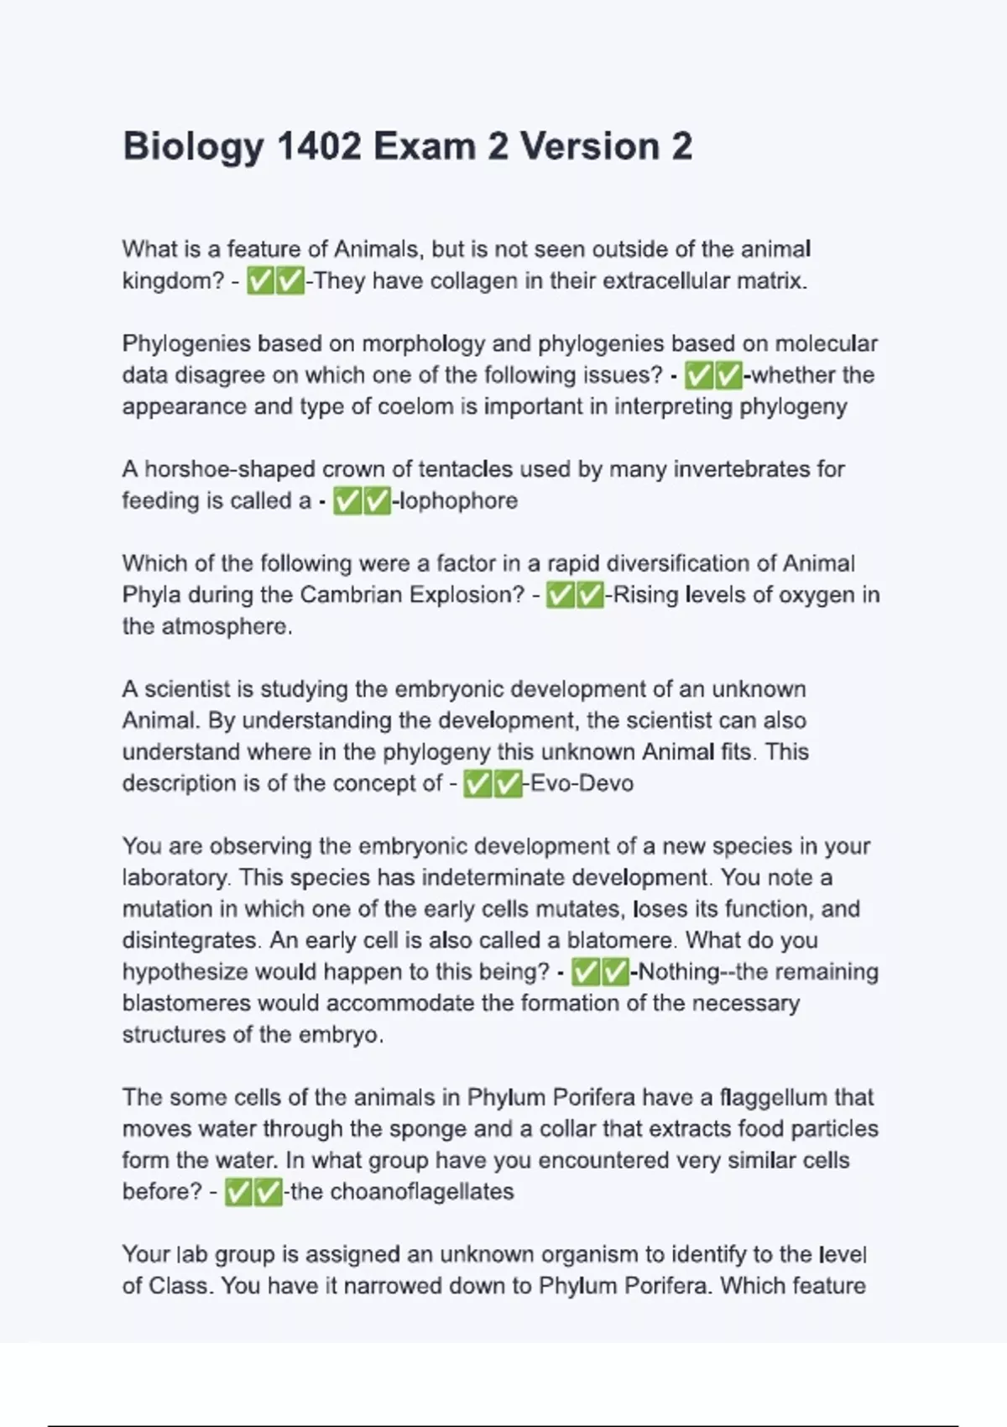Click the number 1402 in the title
tap(318, 146)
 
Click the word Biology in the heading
tap(193, 148)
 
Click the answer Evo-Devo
tap(582, 783)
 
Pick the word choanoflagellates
tap(422, 1191)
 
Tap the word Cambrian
tap(350, 594)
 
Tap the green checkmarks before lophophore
tap(362, 501)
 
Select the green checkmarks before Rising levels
tap(575, 595)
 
